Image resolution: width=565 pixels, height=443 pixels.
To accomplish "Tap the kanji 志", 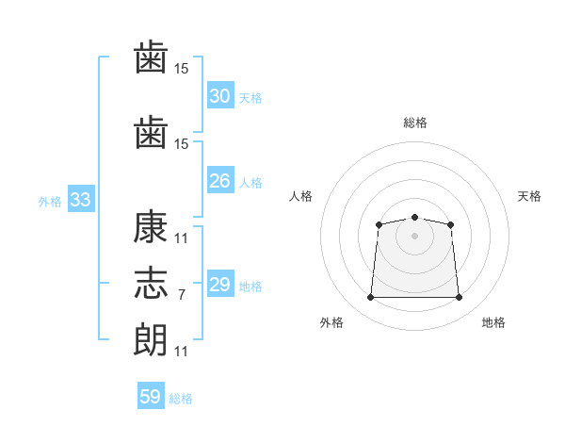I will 151,284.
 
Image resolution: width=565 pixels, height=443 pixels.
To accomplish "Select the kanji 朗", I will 151,339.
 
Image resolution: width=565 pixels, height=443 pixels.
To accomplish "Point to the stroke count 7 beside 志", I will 181,295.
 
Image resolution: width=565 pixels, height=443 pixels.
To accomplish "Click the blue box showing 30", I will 219,96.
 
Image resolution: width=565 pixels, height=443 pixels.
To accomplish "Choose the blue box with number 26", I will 219,181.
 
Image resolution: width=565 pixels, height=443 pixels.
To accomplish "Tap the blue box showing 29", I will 219,285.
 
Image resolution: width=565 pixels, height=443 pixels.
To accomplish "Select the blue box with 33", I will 80,200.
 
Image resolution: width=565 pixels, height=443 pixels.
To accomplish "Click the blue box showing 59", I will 151,397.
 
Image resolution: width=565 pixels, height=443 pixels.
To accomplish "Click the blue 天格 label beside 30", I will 250,98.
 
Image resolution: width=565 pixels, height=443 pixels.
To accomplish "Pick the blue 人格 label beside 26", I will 250,183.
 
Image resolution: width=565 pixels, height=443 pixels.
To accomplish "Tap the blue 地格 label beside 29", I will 250,287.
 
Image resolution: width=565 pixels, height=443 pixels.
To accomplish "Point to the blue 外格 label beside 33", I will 50,202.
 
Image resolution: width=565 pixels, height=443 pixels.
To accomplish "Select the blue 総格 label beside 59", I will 181,399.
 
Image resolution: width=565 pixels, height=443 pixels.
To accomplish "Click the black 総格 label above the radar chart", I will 414,123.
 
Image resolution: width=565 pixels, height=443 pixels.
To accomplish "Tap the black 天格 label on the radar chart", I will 529,196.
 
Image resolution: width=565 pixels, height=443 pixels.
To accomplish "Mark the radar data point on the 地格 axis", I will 460,298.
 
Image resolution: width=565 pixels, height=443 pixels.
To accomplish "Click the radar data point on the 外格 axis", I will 370,298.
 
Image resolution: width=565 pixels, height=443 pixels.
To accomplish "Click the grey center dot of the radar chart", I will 414,236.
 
